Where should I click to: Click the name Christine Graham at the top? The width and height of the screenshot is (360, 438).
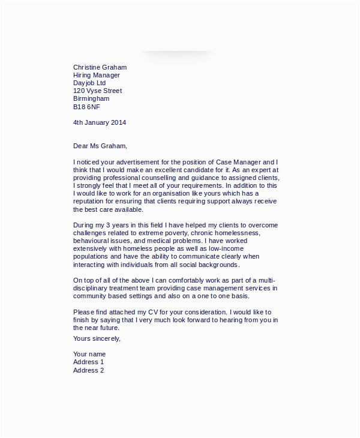(x=100, y=68)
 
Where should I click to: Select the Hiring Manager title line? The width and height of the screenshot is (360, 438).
(x=97, y=76)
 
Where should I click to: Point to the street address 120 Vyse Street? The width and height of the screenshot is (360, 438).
(x=97, y=91)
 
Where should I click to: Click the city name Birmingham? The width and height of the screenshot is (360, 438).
(x=91, y=99)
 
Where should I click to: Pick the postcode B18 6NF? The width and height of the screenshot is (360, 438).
(x=86, y=107)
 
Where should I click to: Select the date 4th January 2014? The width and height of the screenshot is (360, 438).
(x=100, y=122)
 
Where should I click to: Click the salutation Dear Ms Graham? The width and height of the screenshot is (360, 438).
(x=100, y=146)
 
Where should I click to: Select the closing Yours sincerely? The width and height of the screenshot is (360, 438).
(x=97, y=339)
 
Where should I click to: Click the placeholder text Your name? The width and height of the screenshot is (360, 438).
(x=89, y=355)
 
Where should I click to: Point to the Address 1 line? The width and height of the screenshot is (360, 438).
(x=89, y=362)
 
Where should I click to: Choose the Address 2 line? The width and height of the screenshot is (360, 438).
(x=89, y=370)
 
